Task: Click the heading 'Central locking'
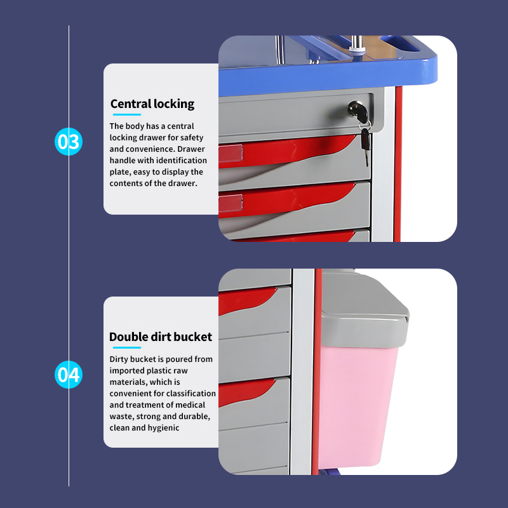pos(152,104)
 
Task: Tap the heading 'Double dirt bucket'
pos(161,337)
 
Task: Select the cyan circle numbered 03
pos(69,142)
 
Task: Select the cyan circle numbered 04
pos(69,375)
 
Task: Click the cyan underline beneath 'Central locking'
pos(126,114)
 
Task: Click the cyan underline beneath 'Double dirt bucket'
pos(126,347)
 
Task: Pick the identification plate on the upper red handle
pos(231,153)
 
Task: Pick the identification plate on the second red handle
pos(231,203)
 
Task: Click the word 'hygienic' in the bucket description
pos(163,428)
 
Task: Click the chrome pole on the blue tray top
pos(357,44)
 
